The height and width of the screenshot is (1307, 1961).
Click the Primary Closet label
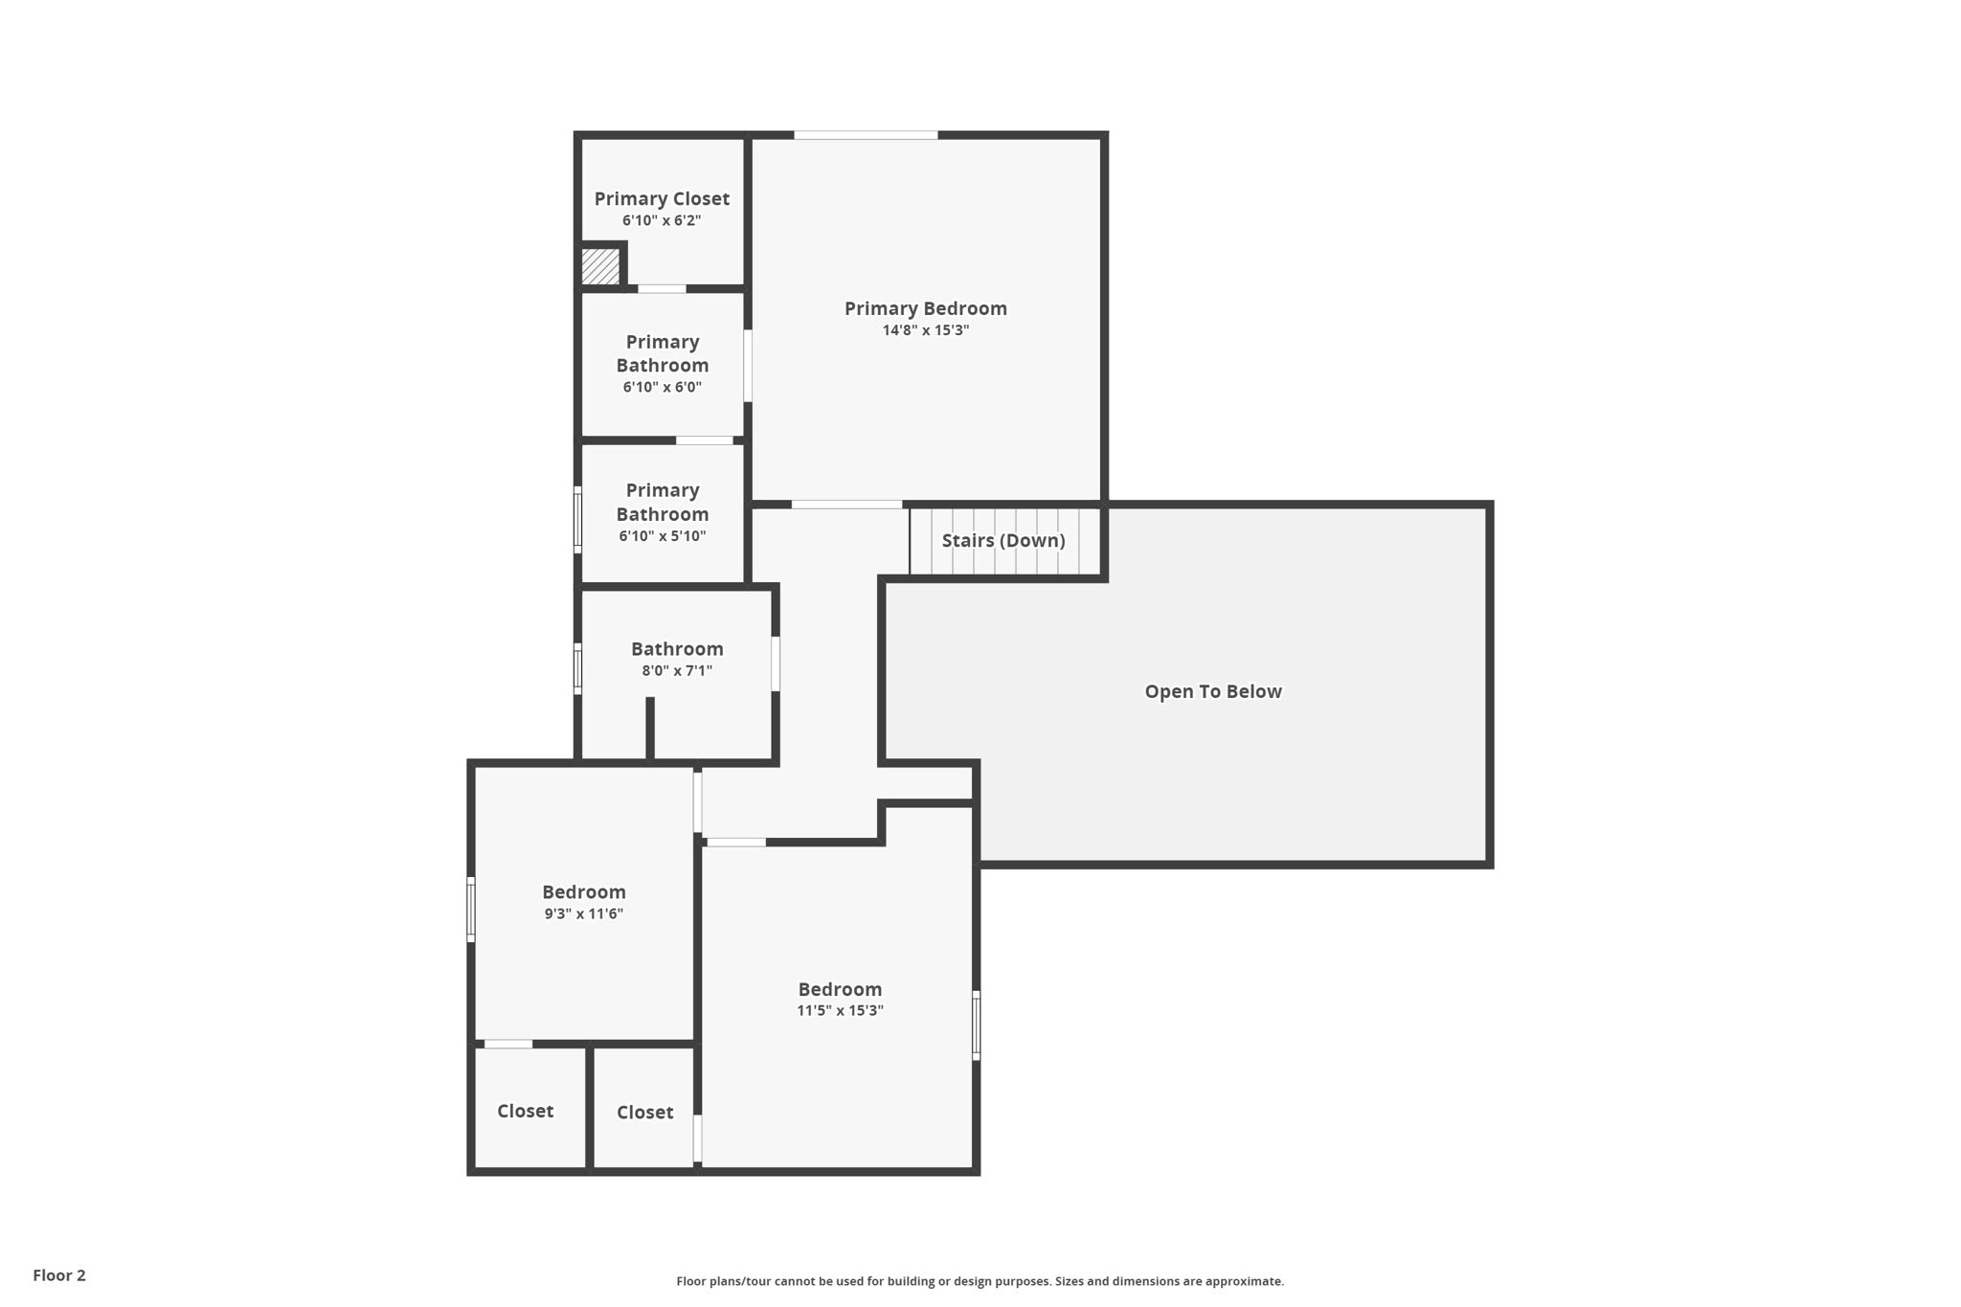662,199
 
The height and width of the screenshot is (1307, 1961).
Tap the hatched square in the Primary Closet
600,265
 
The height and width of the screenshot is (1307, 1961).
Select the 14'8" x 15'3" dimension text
926,330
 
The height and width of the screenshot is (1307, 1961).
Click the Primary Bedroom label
926,308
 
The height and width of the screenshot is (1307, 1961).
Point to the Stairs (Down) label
1003,540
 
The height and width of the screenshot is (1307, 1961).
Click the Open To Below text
1213,691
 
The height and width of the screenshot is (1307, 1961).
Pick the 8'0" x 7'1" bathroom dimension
677,670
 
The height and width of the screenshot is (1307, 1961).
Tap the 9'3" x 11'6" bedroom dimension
584,913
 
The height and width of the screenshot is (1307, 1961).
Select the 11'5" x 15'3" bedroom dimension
840,1010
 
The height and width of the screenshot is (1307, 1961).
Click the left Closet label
525,1111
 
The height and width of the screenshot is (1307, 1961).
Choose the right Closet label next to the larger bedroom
644,1112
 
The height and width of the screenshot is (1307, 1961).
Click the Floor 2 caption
59,1275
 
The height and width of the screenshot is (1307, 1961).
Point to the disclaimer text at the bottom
980,1281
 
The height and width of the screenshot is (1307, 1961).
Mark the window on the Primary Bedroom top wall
866,135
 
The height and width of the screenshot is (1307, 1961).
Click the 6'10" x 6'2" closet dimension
662,220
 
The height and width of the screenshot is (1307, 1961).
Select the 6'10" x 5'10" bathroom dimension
663,536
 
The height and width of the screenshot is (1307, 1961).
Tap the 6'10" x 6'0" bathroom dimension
663,387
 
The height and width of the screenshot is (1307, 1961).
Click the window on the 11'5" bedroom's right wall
976,1025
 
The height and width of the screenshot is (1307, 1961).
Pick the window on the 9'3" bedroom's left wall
471,910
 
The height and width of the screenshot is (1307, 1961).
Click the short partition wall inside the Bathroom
650,729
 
